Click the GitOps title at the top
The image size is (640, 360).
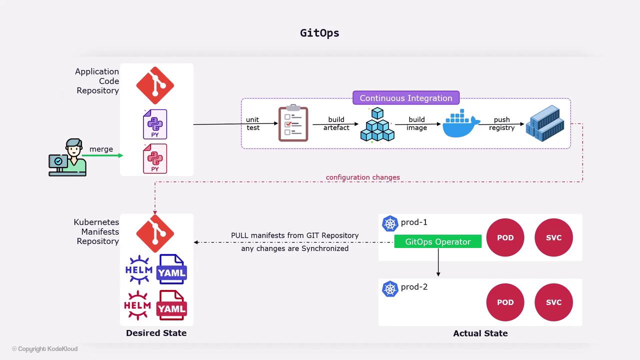click(319, 33)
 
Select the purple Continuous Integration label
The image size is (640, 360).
click(405, 98)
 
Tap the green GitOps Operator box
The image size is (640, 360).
click(437, 241)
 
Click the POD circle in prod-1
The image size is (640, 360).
click(505, 237)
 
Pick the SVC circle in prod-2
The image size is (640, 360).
click(553, 302)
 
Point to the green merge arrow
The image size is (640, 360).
click(102, 155)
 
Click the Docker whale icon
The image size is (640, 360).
click(460, 124)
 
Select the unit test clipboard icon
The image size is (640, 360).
click(293, 123)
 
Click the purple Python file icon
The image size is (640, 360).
click(155, 124)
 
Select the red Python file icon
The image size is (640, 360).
click(155, 158)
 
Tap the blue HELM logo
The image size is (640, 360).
click(138, 269)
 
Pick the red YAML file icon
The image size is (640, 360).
click(171, 305)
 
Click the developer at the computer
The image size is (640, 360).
click(68, 157)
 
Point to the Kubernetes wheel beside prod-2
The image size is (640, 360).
click(390, 288)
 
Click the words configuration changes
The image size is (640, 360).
click(362, 177)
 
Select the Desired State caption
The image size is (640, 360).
click(156, 333)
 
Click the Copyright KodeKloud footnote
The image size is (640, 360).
click(45, 349)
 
